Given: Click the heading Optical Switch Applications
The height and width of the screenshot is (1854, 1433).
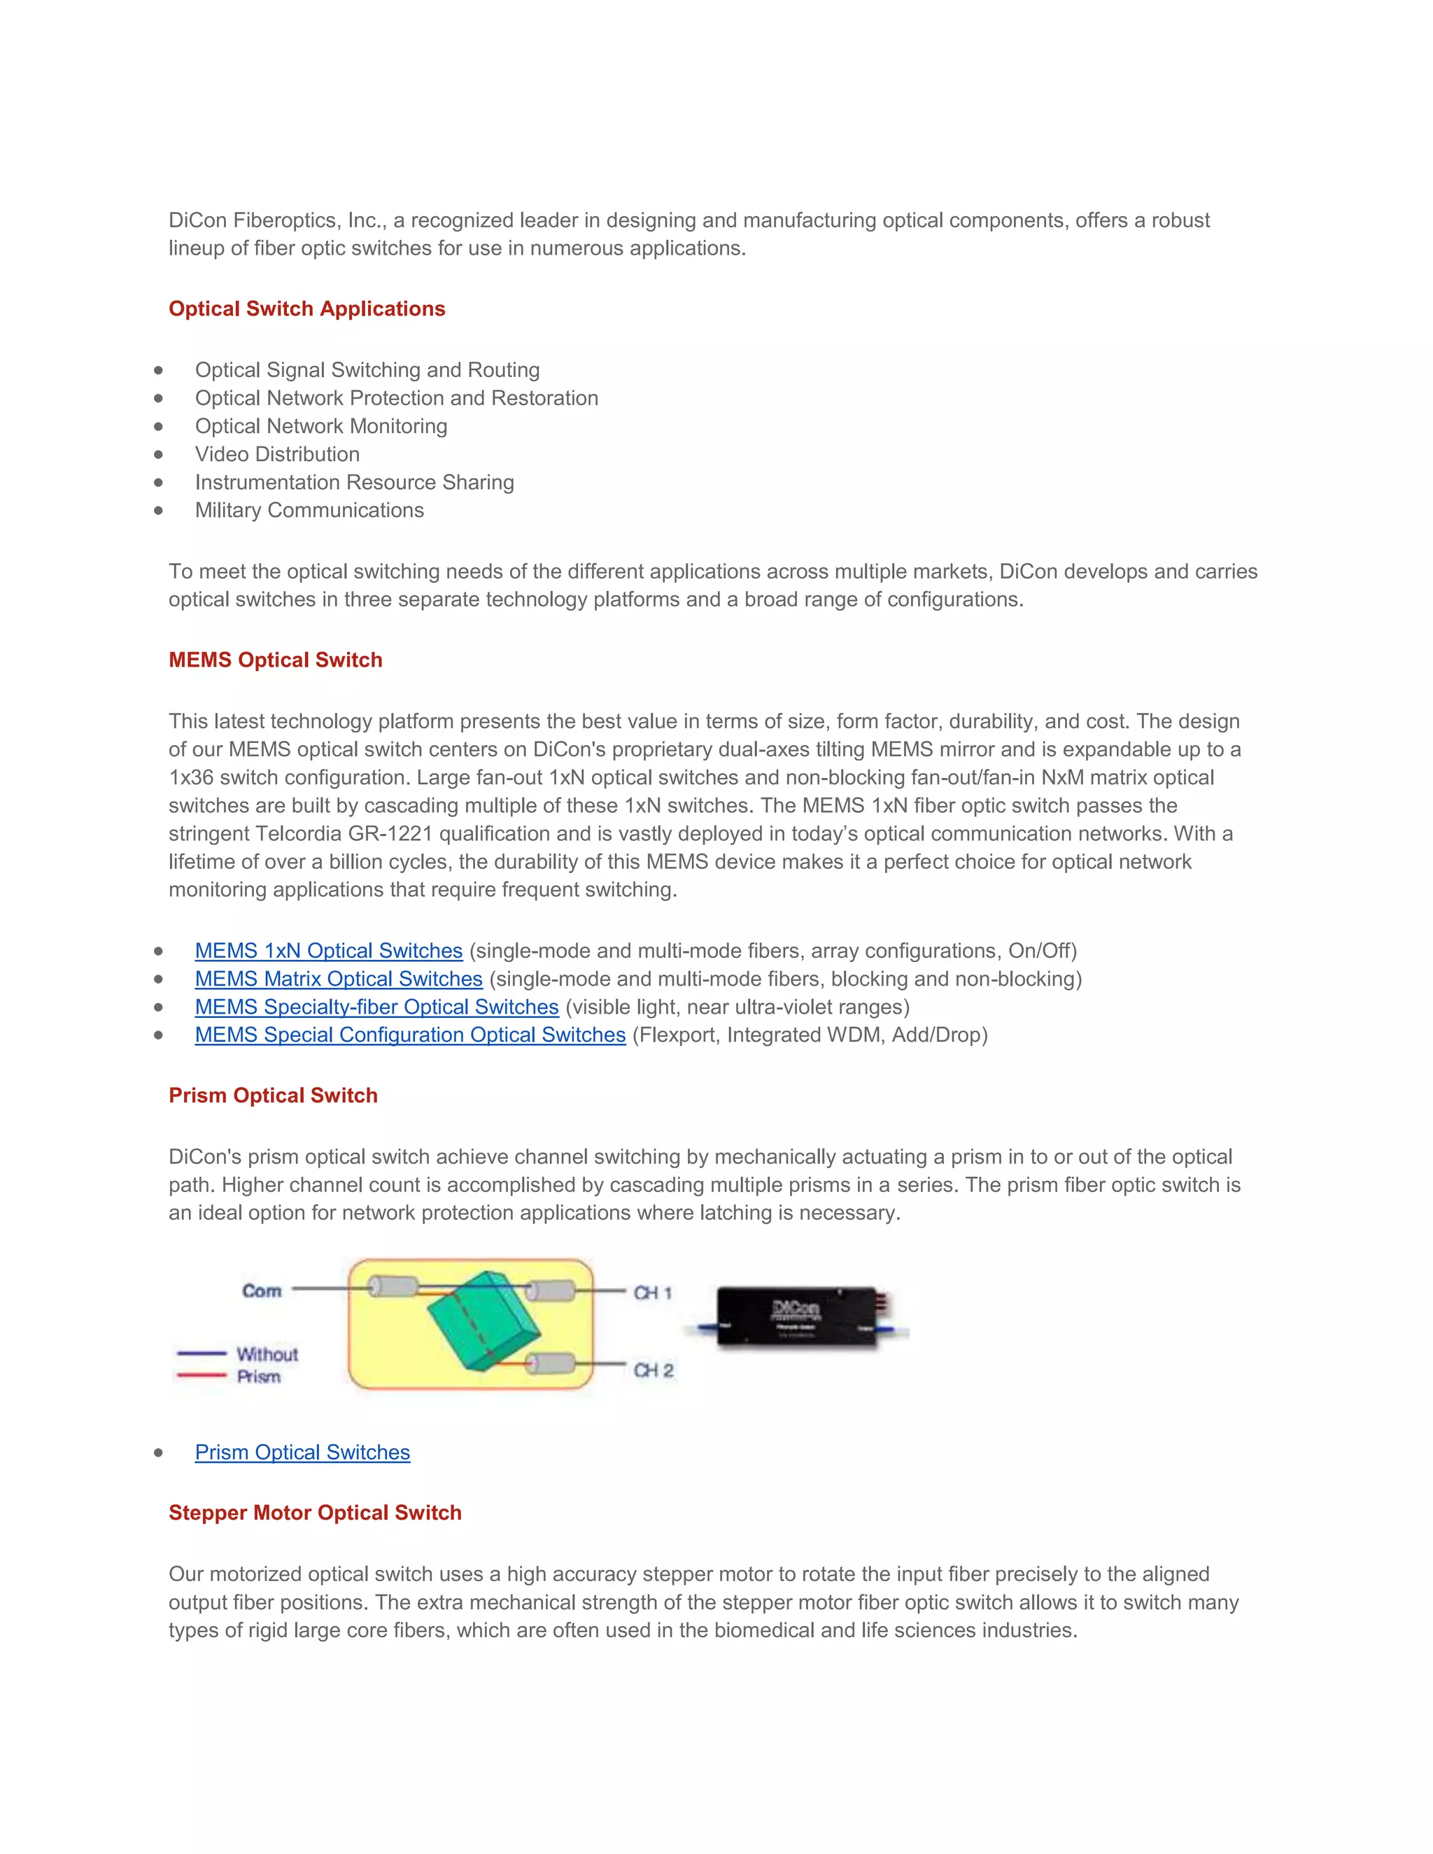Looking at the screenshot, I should pyautogui.click(x=306, y=309).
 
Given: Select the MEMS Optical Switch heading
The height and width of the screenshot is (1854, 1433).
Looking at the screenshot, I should pyautogui.click(x=275, y=660).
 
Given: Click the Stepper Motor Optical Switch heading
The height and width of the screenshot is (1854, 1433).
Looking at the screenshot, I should pyautogui.click(x=315, y=1513).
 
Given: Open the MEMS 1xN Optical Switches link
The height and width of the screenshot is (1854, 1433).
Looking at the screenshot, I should pyautogui.click(x=329, y=951).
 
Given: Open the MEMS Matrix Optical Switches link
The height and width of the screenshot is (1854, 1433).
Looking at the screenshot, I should pyautogui.click(x=339, y=979).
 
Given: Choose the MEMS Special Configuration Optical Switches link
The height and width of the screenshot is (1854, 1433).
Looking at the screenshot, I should pyautogui.click(x=410, y=1035).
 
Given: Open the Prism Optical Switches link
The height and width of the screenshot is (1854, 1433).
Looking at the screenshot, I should pyautogui.click(x=302, y=1452).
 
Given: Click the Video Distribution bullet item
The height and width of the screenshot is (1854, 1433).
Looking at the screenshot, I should pyautogui.click(x=277, y=454).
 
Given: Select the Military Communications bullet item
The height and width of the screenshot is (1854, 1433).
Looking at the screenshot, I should pyautogui.click(x=309, y=510).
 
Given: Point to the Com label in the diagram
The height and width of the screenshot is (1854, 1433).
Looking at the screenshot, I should pyautogui.click(x=262, y=1292).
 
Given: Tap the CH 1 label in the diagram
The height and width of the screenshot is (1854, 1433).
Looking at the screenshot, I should pyautogui.click(x=652, y=1293).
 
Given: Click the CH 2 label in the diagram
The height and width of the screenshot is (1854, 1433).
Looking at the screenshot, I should pyautogui.click(x=653, y=1370).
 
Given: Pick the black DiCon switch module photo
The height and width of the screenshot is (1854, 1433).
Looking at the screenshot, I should pyautogui.click(x=796, y=1317).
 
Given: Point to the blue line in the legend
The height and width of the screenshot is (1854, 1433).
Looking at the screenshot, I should pyautogui.click(x=202, y=1353).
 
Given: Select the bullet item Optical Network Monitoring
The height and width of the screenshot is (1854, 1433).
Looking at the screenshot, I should pyautogui.click(x=321, y=426).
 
